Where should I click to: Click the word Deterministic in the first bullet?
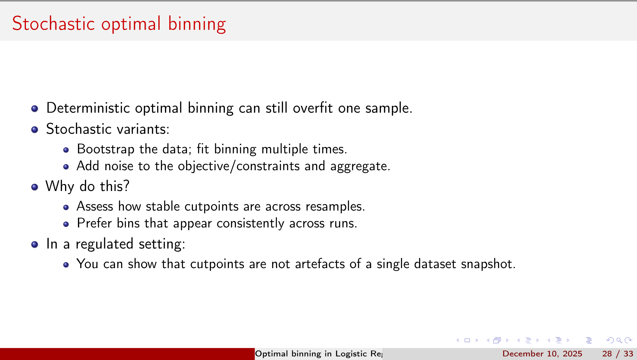[88, 108]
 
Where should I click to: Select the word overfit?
[312, 108]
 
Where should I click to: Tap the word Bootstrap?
[105, 149]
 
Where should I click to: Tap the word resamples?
[335, 207]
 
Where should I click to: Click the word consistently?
[250, 224]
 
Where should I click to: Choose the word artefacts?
[320, 264]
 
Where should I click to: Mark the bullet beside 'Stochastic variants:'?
[35, 130]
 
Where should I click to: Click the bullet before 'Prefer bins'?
[66, 224]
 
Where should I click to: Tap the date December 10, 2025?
[542, 354]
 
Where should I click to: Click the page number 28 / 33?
[617, 354]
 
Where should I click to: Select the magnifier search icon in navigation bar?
[619, 340]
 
